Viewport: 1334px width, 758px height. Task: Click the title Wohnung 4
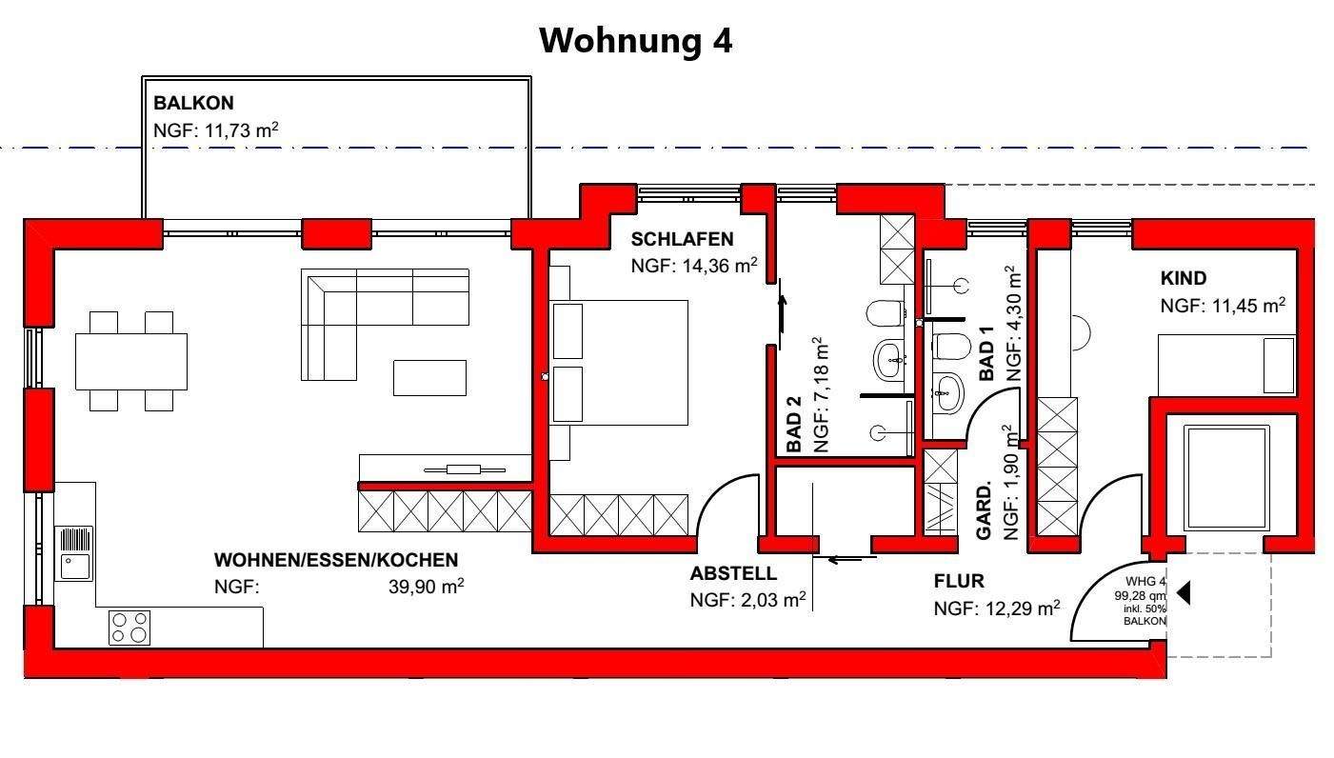click(x=635, y=41)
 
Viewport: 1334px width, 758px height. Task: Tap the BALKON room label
click(x=193, y=103)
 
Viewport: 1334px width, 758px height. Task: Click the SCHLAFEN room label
click(x=682, y=239)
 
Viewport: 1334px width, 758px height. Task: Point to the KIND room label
click(x=1183, y=279)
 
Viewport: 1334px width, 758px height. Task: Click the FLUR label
click(x=959, y=581)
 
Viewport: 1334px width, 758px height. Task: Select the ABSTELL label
click(x=733, y=574)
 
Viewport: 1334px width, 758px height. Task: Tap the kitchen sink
click(x=75, y=552)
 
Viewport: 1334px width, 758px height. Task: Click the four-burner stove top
click(x=129, y=628)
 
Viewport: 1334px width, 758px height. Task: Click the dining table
click(x=131, y=361)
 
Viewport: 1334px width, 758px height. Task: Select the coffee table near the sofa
click(x=429, y=377)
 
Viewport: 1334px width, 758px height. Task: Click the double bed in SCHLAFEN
click(x=619, y=363)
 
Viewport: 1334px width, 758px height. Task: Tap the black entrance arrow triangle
click(x=1184, y=593)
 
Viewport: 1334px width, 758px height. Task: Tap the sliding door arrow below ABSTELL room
click(x=846, y=559)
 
